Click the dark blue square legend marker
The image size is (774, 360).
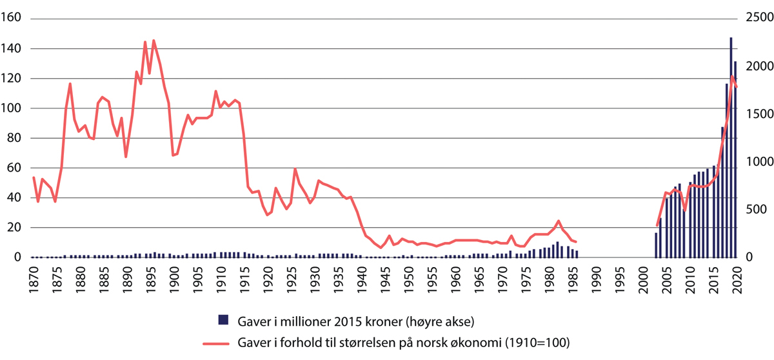[223, 319]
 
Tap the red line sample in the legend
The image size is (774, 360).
[223, 342]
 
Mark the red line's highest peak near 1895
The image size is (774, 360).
[154, 41]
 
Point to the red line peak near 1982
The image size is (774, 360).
[558, 221]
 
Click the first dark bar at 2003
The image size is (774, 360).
[656, 245]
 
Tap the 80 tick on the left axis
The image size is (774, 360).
[14, 138]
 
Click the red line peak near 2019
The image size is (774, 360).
[731, 76]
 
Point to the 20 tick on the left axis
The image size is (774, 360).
[14, 228]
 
